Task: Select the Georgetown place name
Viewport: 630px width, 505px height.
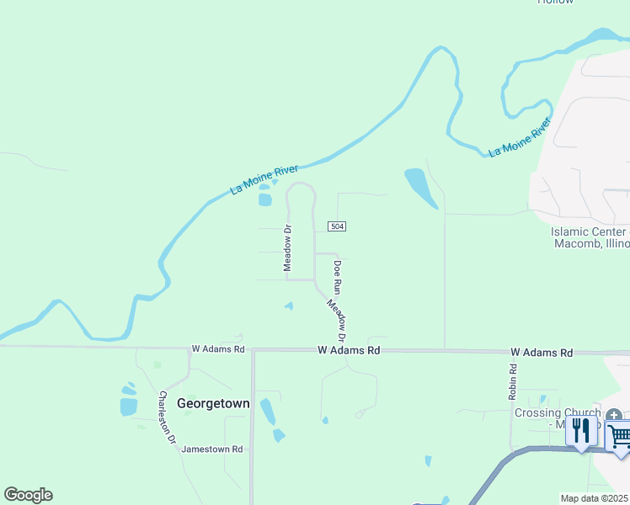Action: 213,404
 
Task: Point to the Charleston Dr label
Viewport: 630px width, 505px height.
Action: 168,417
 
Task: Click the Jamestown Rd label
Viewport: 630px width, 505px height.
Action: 211,449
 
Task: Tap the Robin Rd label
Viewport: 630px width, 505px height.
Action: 512,380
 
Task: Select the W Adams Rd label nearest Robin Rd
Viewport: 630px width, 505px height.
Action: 541,352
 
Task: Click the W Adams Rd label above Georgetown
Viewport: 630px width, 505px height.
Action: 217,348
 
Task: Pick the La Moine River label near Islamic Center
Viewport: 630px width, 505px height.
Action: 520,137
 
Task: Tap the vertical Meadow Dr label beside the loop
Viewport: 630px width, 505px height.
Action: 287,247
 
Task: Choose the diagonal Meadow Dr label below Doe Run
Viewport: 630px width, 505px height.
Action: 338,317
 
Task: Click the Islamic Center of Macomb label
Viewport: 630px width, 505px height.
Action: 589,237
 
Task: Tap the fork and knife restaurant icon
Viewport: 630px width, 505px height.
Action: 581,431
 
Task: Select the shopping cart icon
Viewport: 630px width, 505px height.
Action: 619,436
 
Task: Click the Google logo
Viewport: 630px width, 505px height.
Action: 28,495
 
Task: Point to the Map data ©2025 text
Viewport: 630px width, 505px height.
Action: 594,498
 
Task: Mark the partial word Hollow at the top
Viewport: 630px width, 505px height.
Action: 555,3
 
